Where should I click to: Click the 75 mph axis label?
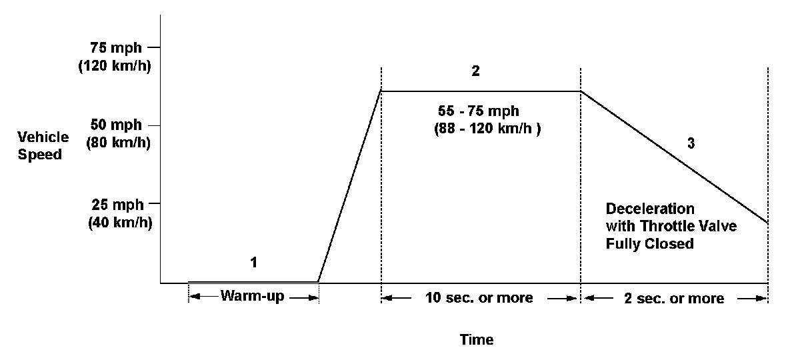[115, 48]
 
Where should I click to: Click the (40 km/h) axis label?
[120, 223]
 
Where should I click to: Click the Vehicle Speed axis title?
[43, 145]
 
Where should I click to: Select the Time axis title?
[477, 340]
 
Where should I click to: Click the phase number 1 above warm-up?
[253, 262]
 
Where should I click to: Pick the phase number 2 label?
[475, 71]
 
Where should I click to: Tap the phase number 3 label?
[691, 145]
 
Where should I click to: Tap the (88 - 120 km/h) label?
[487, 129]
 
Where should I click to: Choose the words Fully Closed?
[650, 244]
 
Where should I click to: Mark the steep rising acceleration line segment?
[349, 187]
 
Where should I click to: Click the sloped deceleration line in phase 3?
[673, 156]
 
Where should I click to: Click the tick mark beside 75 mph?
[154, 48]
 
